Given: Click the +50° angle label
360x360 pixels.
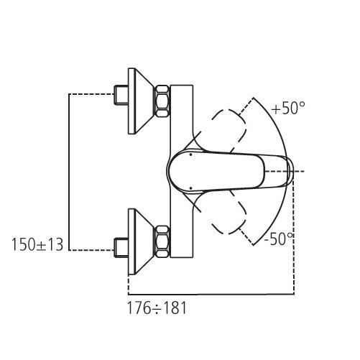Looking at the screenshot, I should coord(288,109).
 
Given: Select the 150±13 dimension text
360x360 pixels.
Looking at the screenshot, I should coord(37,245).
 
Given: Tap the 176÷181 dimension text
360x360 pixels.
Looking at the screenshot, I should coord(157,308).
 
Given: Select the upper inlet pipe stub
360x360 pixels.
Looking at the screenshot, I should coord(121,93).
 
